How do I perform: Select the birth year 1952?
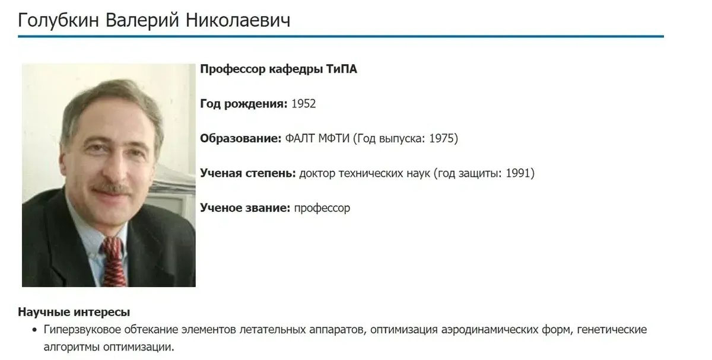tap(303, 104)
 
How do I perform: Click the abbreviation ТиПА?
tap(341, 69)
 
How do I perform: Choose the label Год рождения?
tap(244, 104)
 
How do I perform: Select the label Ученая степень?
tap(247, 173)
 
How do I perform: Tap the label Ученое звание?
tap(244, 208)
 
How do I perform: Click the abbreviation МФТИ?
tap(331, 139)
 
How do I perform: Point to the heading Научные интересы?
tap(74, 313)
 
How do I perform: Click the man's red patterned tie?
tap(113, 261)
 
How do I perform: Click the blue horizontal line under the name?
tap(341, 37)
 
